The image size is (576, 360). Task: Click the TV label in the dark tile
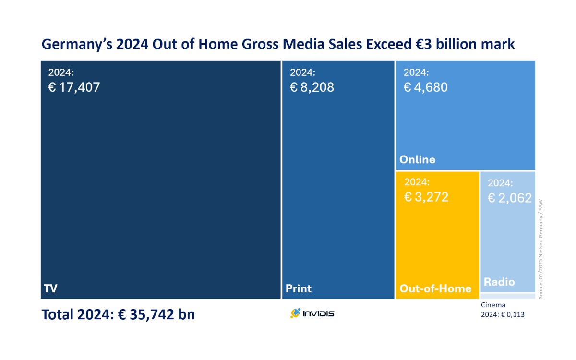point(50,288)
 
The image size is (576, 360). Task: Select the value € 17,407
point(74,87)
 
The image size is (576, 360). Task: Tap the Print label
point(299,288)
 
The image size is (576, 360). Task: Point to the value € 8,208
point(312,87)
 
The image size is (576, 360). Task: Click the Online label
point(417,160)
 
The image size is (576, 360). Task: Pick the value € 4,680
point(425,87)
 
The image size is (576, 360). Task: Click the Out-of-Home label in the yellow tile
point(435,288)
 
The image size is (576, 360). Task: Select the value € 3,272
point(426,197)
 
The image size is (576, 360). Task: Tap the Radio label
point(499,282)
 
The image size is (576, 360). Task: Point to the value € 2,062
point(509,198)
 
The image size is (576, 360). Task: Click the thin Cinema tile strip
point(508,296)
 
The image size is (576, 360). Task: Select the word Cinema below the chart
point(493,305)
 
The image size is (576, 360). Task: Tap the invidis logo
point(312,313)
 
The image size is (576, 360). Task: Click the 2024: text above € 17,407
point(61,73)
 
